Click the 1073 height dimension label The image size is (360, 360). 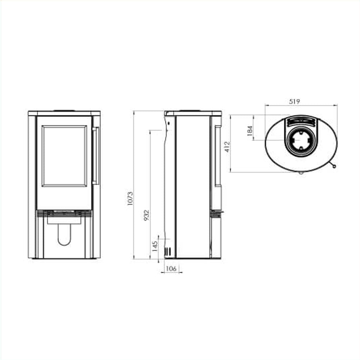pos(130,198)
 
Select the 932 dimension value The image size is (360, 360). pos(147,215)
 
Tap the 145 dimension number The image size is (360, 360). pos(155,246)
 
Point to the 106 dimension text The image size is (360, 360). pos(171,268)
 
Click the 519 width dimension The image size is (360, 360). pos(294,102)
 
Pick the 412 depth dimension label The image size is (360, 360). pos(227,147)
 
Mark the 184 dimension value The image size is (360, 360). pos(249,130)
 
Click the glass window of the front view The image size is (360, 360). pos(64,156)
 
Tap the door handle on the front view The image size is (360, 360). pos(96,156)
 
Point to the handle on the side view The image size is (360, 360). pos(218,156)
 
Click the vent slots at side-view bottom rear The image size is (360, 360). pos(167,251)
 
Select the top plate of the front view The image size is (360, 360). pos(64,113)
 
